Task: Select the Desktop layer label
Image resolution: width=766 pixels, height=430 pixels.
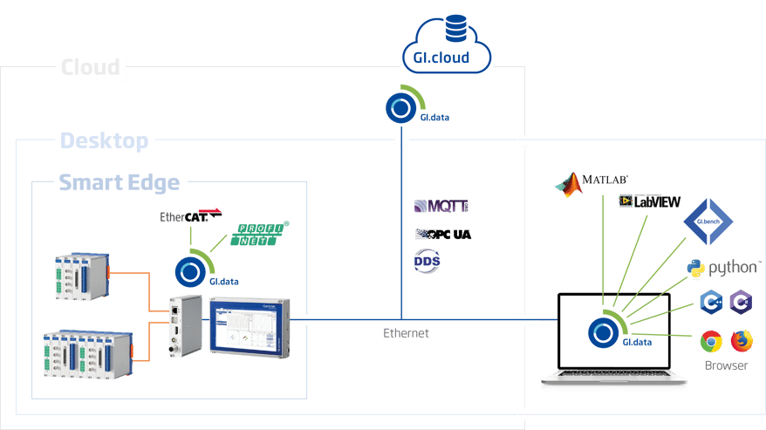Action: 106,140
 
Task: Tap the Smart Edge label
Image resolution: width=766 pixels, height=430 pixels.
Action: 120,183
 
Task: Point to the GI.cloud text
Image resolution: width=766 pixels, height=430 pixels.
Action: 448,59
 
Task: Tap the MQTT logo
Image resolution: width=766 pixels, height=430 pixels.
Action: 441,207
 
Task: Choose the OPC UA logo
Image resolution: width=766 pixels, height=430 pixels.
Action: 441,234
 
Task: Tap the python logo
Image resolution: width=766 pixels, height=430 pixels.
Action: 720,268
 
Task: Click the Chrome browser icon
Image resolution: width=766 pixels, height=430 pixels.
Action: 710,340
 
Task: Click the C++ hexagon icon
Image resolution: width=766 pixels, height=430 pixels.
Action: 710,302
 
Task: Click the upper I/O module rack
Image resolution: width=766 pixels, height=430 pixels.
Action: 81,278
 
